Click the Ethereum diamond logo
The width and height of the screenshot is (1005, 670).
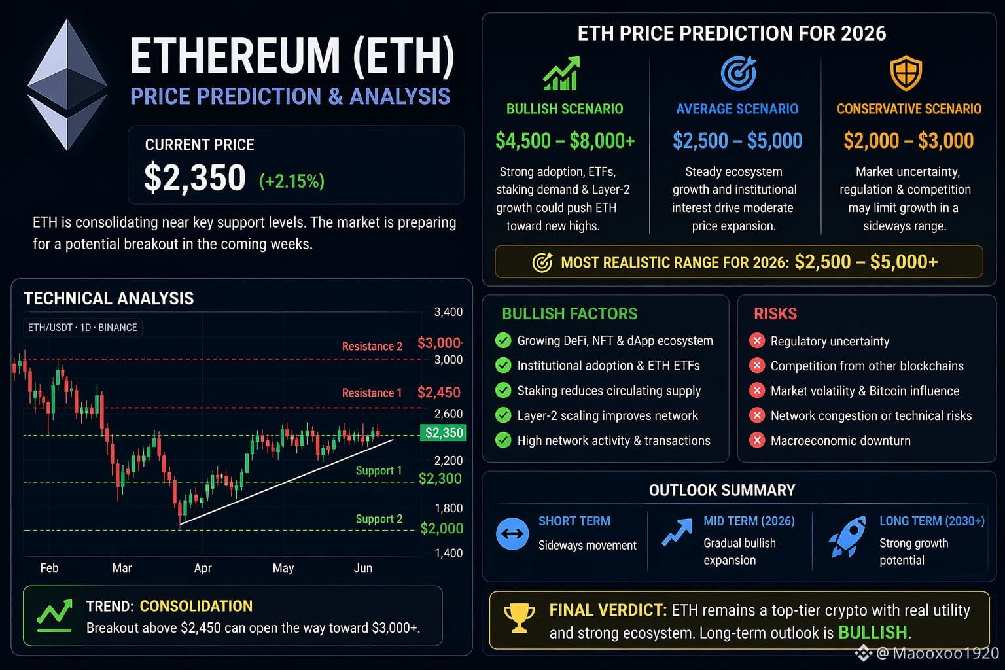[67, 85]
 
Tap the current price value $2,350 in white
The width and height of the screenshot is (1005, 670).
[195, 177]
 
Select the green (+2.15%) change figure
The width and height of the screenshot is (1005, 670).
[292, 181]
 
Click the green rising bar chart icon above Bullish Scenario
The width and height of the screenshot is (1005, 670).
[561, 73]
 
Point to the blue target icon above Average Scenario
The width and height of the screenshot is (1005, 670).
[739, 73]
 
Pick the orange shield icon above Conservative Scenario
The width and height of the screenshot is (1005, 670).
[906, 73]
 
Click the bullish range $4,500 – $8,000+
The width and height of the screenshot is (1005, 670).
[565, 141]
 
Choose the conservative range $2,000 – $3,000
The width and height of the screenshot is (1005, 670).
[909, 141]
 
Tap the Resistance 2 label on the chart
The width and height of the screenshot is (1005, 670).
[372, 346]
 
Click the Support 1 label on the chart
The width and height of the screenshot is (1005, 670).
[379, 470]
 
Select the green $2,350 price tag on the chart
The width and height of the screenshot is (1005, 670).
[443, 432]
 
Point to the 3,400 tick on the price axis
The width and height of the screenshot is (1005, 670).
[448, 312]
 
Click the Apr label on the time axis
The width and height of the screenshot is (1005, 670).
[203, 568]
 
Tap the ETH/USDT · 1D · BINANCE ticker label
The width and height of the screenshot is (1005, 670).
[82, 328]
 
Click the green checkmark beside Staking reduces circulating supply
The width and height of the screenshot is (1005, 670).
[503, 391]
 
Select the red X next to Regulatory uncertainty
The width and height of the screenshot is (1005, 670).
[757, 341]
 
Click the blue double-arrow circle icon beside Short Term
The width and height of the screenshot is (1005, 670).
[512, 533]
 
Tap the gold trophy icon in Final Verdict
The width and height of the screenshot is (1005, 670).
[519, 618]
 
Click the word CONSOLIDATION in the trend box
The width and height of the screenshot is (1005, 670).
[196, 607]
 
